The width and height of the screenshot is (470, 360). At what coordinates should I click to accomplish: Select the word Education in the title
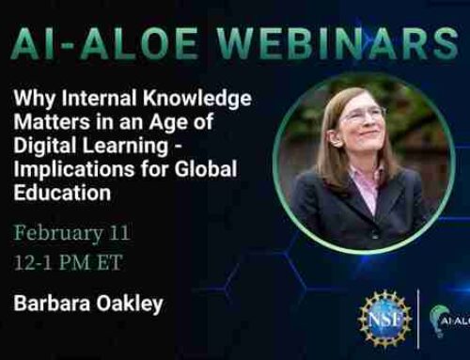coord(69,193)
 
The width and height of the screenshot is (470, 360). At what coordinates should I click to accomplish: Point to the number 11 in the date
coord(118,230)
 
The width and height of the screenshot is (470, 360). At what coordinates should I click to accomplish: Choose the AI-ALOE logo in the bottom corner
coord(446,320)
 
